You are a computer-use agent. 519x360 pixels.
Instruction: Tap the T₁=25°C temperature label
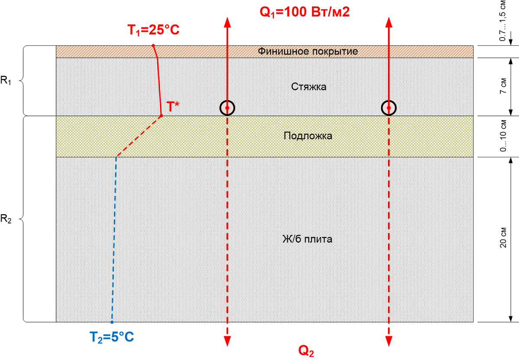point(153,31)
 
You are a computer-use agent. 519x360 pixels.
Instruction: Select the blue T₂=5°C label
point(112,336)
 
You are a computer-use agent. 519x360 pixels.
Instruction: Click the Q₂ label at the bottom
point(306,351)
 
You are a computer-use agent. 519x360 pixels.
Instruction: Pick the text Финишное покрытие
point(308,51)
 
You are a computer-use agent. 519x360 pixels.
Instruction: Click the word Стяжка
point(309,87)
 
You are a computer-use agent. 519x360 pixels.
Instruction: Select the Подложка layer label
point(308,136)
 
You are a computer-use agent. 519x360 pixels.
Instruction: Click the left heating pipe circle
point(227,108)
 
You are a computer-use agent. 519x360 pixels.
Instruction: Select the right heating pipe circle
point(388,108)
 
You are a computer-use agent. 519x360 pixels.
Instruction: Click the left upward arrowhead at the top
point(227,22)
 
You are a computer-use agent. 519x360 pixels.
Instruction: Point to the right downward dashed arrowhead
point(388,341)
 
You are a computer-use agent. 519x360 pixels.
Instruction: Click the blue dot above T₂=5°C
point(112,322)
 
